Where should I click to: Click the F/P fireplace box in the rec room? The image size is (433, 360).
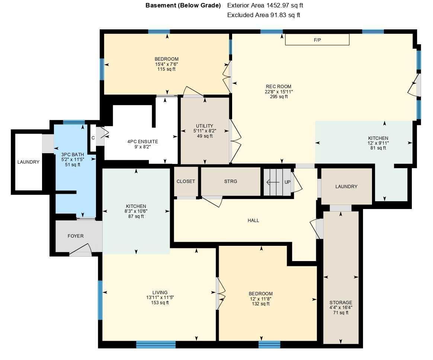(317, 39)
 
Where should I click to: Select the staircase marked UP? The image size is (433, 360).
(277, 182)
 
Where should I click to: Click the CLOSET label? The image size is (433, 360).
(186, 181)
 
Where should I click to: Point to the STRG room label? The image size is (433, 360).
(231, 181)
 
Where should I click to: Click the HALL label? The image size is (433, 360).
(253, 221)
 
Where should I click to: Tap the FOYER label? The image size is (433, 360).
(76, 236)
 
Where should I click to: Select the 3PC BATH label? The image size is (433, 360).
(73, 154)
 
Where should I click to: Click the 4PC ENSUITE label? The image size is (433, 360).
(142, 142)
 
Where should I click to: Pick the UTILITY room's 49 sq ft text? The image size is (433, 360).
(205, 136)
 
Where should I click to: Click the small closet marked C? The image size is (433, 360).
(93, 138)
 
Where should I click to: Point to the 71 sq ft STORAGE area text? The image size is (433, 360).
(341, 313)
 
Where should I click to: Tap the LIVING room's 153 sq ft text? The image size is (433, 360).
(160, 303)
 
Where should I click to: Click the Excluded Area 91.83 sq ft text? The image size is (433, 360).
(263, 15)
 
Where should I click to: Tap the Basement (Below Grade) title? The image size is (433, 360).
(183, 6)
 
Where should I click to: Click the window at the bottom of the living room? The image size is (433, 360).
(155, 344)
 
